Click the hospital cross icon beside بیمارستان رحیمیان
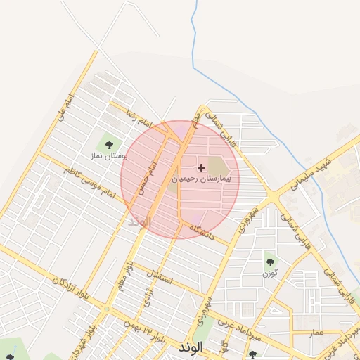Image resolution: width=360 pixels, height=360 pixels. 202,167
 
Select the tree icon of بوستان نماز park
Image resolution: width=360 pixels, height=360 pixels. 108,144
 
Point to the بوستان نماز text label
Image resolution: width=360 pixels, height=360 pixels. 108,155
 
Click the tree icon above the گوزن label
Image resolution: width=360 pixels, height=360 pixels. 270,262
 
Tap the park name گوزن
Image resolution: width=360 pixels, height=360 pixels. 271,272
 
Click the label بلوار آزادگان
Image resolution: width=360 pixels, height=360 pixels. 67,290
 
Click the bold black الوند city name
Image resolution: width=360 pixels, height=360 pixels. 191,347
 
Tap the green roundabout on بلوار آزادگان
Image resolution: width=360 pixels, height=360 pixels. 106,309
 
